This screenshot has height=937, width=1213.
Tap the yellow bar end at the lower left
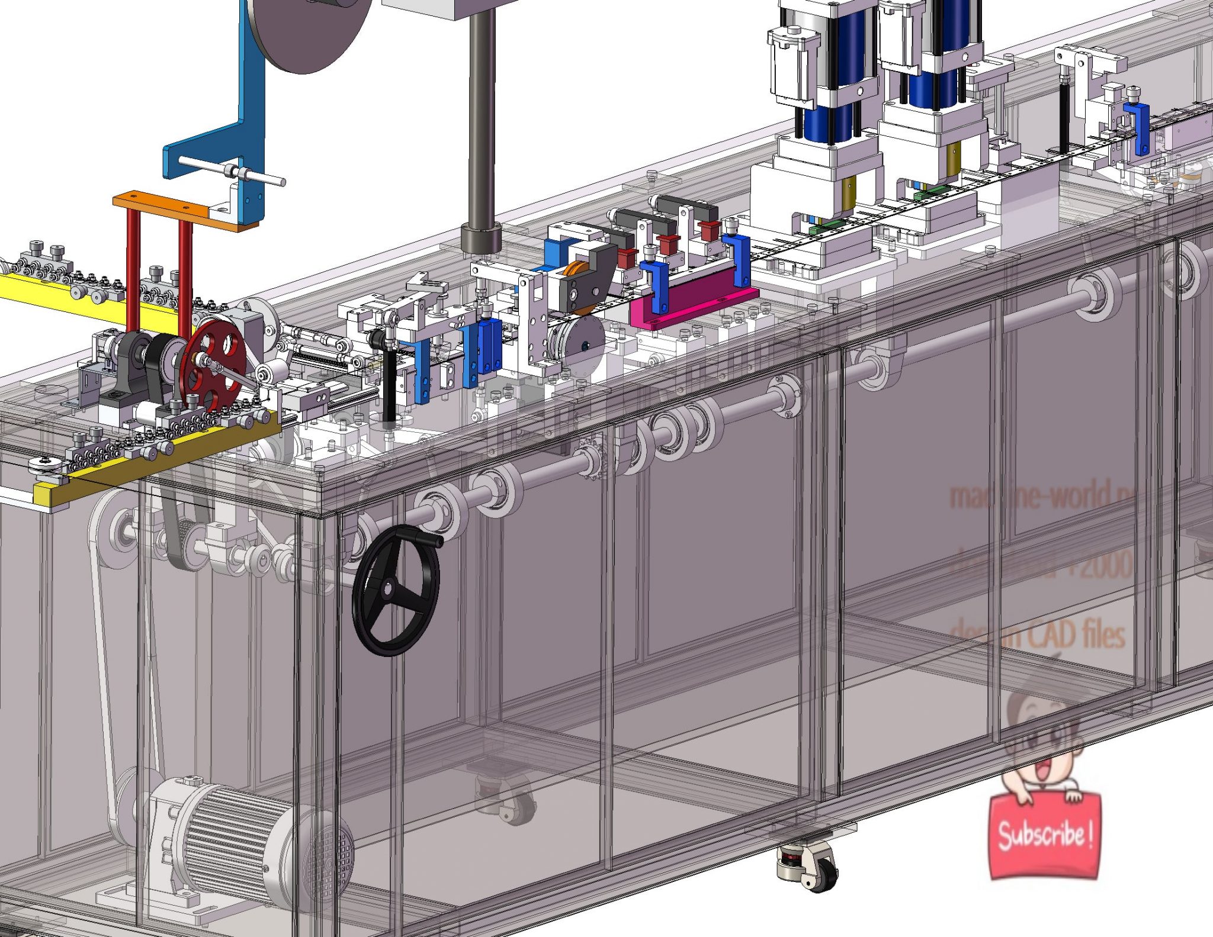(44, 494)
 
